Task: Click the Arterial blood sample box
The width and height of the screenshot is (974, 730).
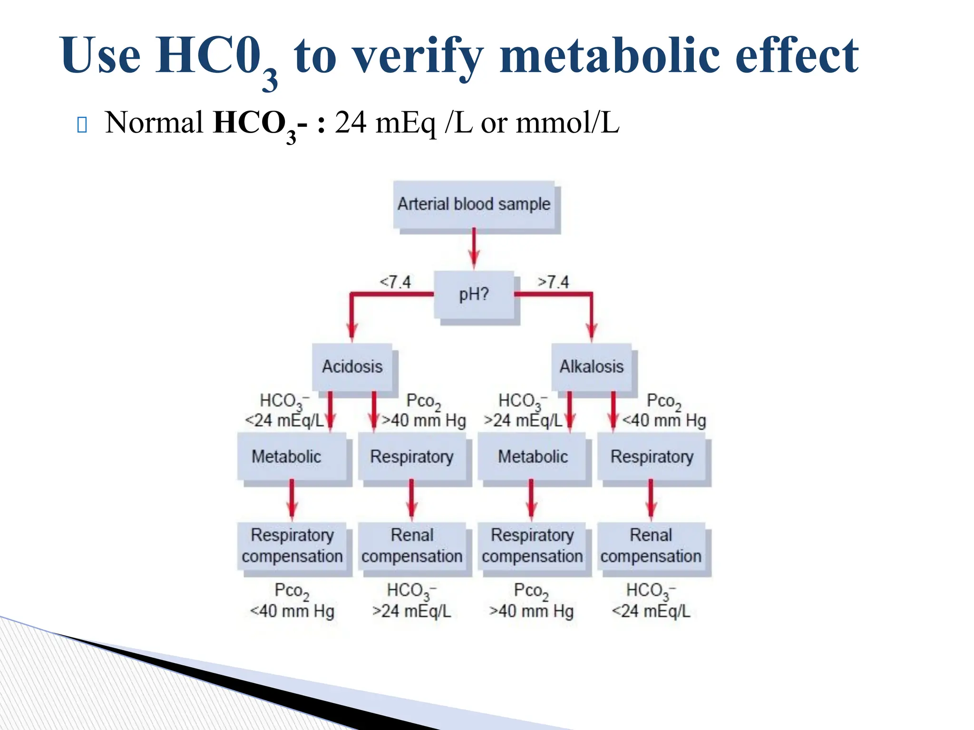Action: tap(474, 204)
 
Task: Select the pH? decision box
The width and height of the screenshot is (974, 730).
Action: tap(474, 295)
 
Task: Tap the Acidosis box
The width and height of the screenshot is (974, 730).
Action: tap(352, 366)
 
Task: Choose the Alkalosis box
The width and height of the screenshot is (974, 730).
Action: tap(592, 366)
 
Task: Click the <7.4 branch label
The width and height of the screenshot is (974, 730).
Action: tap(395, 282)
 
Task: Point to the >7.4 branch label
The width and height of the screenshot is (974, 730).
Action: tap(553, 282)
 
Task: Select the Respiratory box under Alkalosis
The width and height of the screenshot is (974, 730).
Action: tap(652, 456)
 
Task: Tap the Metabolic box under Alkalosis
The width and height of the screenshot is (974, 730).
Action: tap(532, 456)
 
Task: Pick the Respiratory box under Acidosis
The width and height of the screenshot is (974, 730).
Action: tap(412, 456)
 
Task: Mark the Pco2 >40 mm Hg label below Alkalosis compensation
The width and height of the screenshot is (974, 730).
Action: tap(531, 601)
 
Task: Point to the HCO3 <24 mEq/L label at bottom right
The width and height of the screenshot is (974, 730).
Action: tap(651, 601)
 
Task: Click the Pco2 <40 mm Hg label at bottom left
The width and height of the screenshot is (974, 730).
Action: tap(292, 601)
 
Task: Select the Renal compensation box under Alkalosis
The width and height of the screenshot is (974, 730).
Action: tap(651, 546)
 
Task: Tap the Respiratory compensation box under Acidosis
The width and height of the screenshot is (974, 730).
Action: tap(292, 546)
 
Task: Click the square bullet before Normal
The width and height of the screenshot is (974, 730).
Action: tap(82, 125)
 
